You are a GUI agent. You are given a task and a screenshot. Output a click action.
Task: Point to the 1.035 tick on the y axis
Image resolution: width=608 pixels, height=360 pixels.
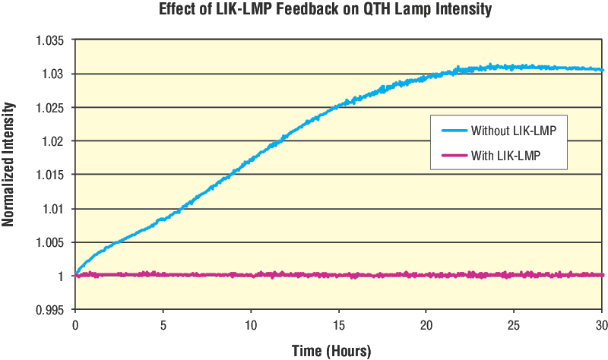click(x=50, y=40)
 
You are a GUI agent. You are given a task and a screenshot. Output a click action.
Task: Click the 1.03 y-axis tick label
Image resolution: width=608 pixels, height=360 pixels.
click(x=53, y=74)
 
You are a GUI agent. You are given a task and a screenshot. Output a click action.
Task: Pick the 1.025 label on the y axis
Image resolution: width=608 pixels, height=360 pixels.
click(x=50, y=107)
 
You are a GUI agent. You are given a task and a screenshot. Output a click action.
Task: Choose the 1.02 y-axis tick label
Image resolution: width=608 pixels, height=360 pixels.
click(x=53, y=141)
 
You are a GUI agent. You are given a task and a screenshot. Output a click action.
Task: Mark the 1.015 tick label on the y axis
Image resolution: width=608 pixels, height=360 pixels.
click(x=50, y=175)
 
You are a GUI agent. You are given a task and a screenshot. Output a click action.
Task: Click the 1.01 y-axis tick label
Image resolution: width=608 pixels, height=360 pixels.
click(x=53, y=209)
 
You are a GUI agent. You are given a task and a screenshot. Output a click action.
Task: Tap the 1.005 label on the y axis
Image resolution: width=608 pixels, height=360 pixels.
click(x=50, y=242)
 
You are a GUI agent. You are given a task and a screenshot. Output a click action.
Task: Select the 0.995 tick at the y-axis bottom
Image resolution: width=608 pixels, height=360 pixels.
click(x=50, y=309)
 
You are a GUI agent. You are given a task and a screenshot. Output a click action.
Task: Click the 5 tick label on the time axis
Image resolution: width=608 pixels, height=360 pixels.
click(x=163, y=325)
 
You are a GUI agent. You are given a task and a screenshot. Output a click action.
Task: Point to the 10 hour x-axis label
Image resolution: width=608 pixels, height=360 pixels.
click(x=250, y=325)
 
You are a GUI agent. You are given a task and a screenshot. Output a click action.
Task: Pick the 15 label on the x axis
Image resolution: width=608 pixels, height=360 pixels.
click(x=338, y=325)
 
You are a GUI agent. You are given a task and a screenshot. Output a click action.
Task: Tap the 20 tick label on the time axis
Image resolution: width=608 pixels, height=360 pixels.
click(x=426, y=325)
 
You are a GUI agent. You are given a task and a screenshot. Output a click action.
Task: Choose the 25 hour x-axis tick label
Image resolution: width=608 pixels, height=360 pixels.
click(x=514, y=325)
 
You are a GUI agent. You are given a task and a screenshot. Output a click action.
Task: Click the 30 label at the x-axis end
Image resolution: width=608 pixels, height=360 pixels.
click(x=600, y=325)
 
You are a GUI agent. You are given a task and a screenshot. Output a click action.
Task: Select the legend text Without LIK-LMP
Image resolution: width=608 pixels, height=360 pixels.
click(x=514, y=131)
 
